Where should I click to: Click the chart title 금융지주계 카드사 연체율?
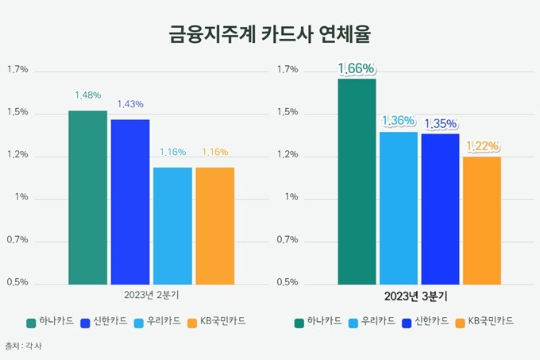[x=270, y=34]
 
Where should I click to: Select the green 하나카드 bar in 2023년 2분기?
[x=88, y=198]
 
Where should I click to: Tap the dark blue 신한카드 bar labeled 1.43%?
[x=130, y=202]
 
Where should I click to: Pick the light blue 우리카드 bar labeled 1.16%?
[x=172, y=226]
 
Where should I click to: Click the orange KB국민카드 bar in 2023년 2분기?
[x=215, y=226]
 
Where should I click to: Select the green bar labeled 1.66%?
[x=357, y=182]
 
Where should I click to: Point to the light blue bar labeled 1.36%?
[x=399, y=208]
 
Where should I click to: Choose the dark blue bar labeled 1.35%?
[x=441, y=209]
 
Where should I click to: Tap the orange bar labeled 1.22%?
[x=482, y=221]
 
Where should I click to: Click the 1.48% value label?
[x=88, y=95]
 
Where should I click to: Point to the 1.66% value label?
[x=356, y=68]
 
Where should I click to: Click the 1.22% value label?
[x=483, y=146]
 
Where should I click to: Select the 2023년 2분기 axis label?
[x=152, y=296]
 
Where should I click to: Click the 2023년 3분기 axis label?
[x=415, y=296]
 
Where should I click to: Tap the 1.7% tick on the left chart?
[x=17, y=70]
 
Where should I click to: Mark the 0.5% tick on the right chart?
[x=287, y=282]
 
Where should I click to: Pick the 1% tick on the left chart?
[x=21, y=197]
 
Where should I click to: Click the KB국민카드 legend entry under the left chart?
[x=217, y=322]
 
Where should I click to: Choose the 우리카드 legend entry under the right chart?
[x=372, y=322]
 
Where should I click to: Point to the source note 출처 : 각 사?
[x=23, y=346]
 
